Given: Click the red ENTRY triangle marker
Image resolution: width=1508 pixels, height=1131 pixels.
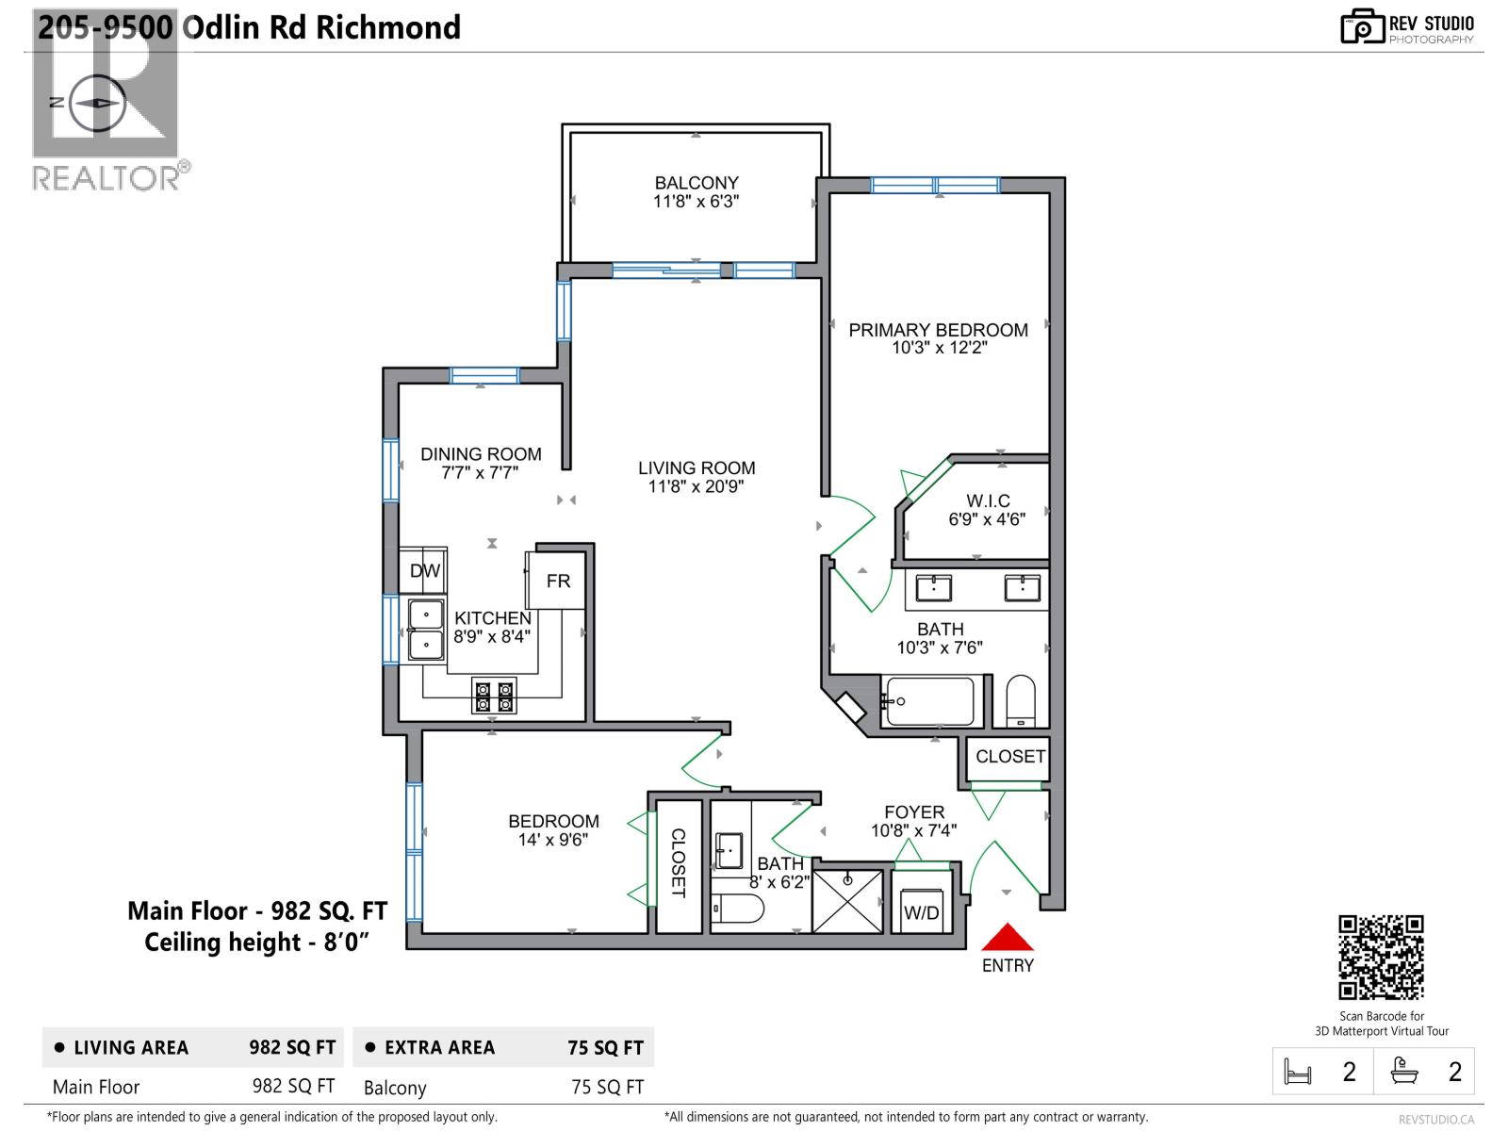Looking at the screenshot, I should click(x=1008, y=939).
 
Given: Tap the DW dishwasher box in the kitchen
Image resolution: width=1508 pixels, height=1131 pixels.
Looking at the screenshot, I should click(x=425, y=570).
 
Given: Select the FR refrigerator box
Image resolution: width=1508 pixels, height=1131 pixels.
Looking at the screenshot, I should click(x=558, y=581).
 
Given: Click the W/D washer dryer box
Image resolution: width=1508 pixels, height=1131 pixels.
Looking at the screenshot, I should click(x=921, y=911).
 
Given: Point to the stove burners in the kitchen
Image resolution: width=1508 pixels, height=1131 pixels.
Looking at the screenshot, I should click(x=494, y=697).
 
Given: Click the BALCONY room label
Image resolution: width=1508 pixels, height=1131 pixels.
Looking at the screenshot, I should click(x=697, y=183).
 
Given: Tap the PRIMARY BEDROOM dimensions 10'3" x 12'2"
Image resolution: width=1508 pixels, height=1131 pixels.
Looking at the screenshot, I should click(x=939, y=348).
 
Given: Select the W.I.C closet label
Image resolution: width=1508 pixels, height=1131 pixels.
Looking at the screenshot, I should click(x=988, y=500).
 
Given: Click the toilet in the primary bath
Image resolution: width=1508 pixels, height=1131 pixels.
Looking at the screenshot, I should click(x=1020, y=701).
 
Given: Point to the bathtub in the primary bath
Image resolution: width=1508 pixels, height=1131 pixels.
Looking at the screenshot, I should click(x=930, y=701).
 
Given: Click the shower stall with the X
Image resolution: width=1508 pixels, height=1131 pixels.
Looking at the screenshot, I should click(x=848, y=901).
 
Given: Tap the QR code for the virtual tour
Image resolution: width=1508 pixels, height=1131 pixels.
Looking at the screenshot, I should click(x=1381, y=957).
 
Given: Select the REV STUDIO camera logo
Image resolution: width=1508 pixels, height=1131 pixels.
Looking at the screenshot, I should click(x=1361, y=27).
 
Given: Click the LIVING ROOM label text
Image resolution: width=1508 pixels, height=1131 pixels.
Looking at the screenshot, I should click(x=697, y=467).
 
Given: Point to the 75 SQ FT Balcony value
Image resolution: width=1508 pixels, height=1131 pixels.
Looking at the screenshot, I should click(x=607, y=1087).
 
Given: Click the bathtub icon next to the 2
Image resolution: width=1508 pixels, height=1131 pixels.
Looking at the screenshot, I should click(x=1404, y=1071).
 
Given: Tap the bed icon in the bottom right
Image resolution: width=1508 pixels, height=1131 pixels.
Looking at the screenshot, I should click(x=1298, y=1072).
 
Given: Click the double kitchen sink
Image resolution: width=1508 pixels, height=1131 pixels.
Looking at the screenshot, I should click(x=425, y=631).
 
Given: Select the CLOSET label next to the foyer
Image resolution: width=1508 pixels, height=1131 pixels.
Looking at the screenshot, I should click(x=1009, y=757).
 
